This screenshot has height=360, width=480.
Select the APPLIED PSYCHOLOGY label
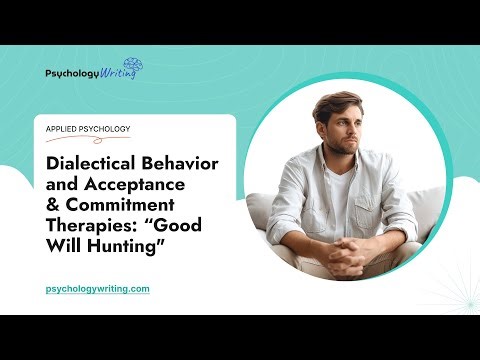(x=88, y=129)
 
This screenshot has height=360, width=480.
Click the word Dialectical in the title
(x=92, y=164)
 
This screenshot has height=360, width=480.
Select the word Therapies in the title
(x=91, y=226)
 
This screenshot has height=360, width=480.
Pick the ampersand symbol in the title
(x=54, y=206)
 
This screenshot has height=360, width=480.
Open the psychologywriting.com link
(x=98, y=288)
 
